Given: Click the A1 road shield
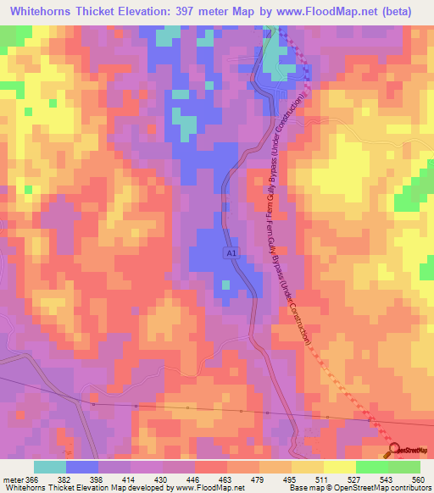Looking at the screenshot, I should pyautogui.click(x=230, y=253).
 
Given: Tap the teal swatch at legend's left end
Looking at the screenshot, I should pyautogui.click(x=49, y=468).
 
